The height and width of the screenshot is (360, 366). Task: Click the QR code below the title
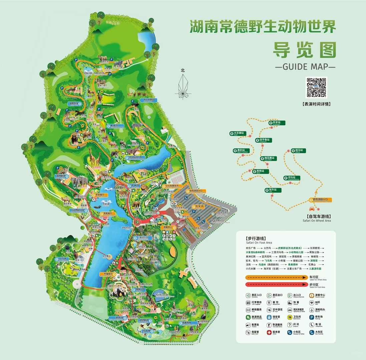(317, 87)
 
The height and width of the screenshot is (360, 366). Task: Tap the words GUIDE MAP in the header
(305, 66)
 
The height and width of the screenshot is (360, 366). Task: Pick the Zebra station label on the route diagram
(298, 151)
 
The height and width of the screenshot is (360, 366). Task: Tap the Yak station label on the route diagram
(273, 190)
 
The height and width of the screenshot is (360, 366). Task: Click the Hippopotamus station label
(292, 178)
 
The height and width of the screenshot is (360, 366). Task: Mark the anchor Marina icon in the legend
(312, 310)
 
